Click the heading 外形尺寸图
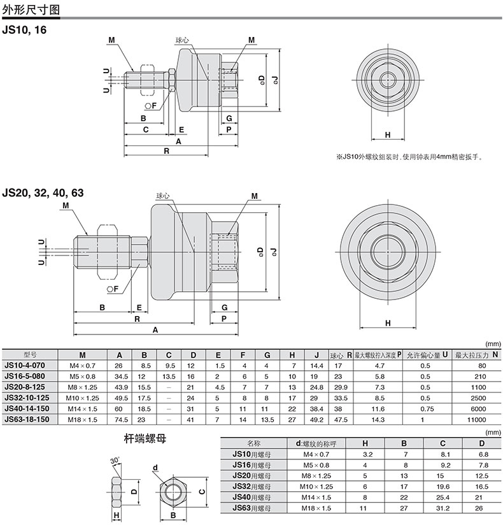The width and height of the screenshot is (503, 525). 31,9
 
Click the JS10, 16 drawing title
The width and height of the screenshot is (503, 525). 24,30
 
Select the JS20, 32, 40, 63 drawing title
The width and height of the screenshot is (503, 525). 43,193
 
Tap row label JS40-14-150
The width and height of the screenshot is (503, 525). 27,408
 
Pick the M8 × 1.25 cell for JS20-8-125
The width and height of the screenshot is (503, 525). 82,387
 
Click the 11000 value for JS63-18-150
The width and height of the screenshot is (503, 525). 476,419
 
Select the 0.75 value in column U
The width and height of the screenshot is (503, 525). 427,409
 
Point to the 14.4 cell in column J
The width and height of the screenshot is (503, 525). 316,366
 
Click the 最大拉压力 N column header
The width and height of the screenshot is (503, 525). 476,355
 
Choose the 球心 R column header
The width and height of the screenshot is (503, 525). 341,356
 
